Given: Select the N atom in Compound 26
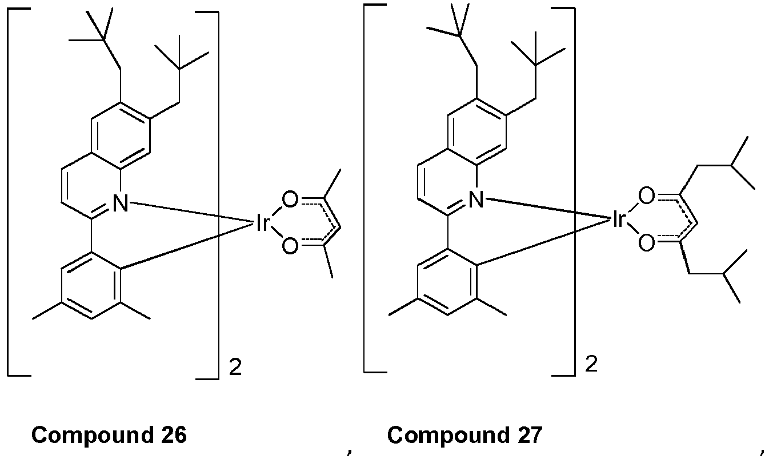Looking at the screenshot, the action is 121,203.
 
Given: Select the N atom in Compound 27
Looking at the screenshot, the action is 476,199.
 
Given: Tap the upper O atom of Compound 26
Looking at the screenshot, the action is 290,199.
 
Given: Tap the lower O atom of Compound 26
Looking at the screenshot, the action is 290,246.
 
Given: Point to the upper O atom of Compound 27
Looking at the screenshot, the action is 646,196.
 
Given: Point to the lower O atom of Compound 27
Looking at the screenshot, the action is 646,243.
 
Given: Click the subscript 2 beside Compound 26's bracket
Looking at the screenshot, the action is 235,368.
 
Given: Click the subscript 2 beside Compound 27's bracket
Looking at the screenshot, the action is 591,364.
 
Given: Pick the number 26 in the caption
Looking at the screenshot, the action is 173,434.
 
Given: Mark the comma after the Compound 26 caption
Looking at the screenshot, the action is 349,451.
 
